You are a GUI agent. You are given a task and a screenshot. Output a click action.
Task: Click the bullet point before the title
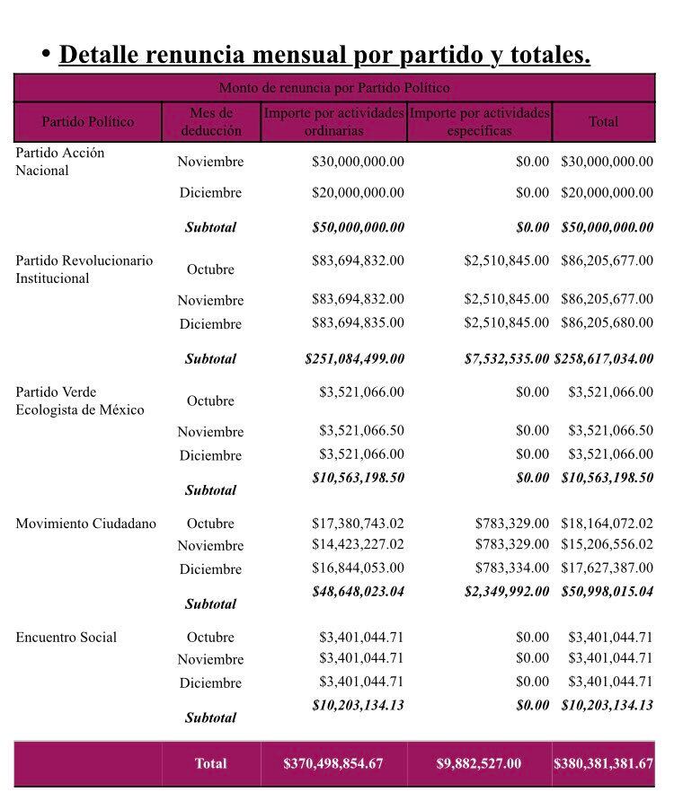(45, 54)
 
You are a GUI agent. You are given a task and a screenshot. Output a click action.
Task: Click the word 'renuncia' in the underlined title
(199, 56)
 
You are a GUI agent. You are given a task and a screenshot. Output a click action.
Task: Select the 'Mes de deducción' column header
(211, 121)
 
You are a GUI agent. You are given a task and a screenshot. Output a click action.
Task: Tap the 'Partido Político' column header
(87, 121)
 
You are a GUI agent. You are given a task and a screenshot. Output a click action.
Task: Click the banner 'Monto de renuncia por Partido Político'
(334, 88)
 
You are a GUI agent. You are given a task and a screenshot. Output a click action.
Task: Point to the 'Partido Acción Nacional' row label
(59, 162)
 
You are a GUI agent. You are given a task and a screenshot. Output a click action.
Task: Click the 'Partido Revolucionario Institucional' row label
(84, 269)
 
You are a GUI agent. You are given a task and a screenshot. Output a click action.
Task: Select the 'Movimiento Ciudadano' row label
(85, 524)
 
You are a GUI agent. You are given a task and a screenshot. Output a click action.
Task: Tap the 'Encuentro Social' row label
(66, 638)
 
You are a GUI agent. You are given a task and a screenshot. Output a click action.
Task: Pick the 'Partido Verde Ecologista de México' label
(79, 401)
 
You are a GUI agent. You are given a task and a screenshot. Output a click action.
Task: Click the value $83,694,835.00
(358, 322)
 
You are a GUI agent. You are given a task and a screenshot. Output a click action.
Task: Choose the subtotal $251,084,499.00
(354, 358)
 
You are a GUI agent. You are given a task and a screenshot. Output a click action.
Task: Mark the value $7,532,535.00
(506, 358)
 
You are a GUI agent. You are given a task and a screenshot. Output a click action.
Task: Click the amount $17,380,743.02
(358, 523)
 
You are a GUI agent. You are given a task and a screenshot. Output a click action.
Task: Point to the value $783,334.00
(511, 568)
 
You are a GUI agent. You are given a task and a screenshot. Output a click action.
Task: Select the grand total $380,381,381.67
(603, 763)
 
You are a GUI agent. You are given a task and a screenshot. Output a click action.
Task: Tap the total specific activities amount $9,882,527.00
(478, 763)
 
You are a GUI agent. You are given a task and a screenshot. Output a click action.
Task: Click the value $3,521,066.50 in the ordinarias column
(361, 431)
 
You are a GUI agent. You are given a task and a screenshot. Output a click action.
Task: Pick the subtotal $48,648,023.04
(358, 591)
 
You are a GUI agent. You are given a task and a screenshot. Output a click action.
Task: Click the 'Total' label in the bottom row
(210, 763)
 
